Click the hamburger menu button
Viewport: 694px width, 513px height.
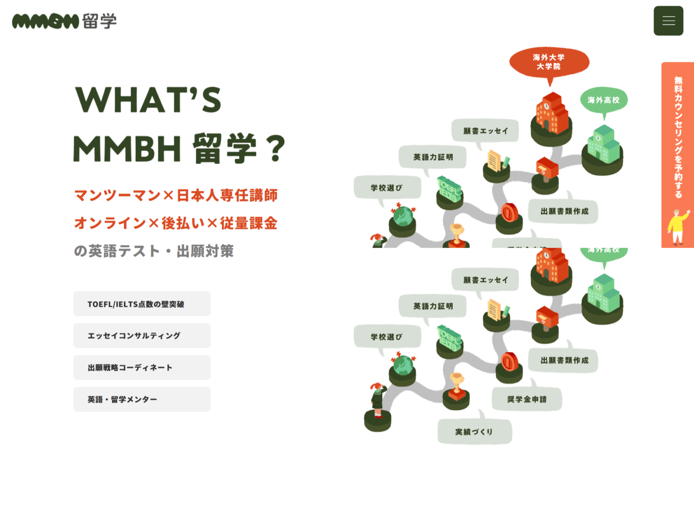click(x=668, y=21)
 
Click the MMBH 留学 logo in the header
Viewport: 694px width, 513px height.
click(x=64, y=21)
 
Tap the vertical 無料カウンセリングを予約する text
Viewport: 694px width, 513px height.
click(x=678, y=137)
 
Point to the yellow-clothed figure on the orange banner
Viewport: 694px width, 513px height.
click(x=677, y=226)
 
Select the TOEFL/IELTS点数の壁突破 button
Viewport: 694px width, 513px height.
click(x=142, y=304)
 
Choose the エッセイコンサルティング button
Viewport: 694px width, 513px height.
click(x=142, y=336)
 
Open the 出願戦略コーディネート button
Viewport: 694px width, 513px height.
click(x=142, y=367)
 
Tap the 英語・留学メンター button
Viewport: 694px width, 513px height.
click(x=142, y=399)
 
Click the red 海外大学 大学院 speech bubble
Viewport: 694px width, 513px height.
click(x=549, y=62)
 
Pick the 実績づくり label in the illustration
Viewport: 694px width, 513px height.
click(x=474, y=432)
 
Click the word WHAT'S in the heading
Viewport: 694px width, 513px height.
click(x=148, y=100)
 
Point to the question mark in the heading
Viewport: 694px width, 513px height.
click(x=275, y=149)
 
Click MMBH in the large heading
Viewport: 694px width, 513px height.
click(x=127, y=149)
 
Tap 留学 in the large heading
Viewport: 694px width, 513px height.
click(x=225, y=149)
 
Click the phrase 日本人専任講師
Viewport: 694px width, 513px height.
click(x=227, y=195)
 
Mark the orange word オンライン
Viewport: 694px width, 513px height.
click(x=110, y=223)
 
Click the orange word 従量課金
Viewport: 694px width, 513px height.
click(x=249, y=223)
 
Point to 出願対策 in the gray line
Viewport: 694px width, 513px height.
click(x=205, y=251)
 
